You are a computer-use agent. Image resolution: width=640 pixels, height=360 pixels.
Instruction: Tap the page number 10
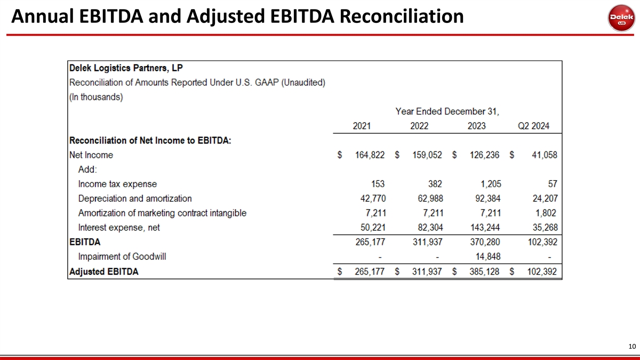(x=632, y=347)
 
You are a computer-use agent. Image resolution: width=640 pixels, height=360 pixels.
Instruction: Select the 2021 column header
(x=362, y=126)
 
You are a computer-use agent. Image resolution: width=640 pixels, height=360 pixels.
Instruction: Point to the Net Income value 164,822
(x=370, y=155)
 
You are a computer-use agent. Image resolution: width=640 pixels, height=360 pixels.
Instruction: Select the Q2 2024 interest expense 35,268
(x=542, y=228)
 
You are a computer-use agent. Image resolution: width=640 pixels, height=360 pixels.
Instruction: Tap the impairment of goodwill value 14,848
(x=488, y=257)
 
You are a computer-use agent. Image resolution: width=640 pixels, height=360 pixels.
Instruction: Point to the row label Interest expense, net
(x=119, y=228)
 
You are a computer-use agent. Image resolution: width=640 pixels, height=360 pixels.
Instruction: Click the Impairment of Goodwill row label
(x=122, y=257)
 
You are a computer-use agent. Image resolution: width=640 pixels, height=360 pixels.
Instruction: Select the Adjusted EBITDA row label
(x=104, y=271)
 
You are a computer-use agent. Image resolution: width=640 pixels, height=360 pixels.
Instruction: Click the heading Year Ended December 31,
(x=447, y=111)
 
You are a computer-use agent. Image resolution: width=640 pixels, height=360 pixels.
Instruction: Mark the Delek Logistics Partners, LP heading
(x=126, y=68)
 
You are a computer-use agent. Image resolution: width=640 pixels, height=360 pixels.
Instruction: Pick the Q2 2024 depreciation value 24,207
(x=542, y=198)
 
